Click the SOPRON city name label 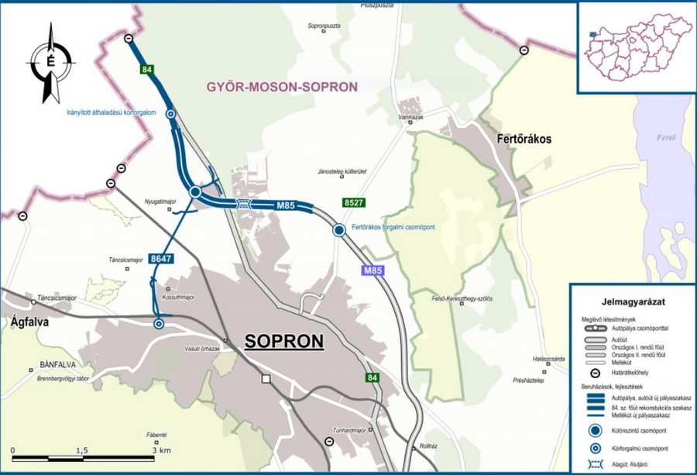(x=283, y=342)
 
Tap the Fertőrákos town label (x=523, y=139)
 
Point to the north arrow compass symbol (x=51, y=63)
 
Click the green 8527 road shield (x=353, y=203)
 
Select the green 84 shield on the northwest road (x=146, y=71)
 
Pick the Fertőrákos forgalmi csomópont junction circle (x=338, y=230)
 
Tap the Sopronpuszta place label (x=325, y=26)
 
